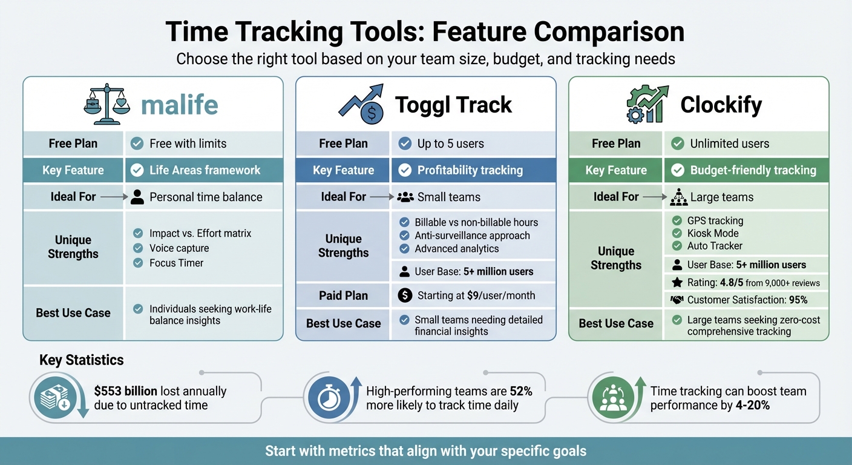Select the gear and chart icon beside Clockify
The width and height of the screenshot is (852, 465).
[647, 104]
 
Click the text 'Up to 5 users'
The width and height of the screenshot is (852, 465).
[450, 143]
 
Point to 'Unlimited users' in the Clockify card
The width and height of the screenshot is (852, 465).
[729, 143]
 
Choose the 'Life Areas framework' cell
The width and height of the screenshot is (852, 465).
[205, 170]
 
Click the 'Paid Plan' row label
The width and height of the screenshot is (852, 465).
[343, 295]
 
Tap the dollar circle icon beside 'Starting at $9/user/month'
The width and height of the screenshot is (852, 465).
[405, 295]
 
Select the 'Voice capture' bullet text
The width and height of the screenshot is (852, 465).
[179, 248]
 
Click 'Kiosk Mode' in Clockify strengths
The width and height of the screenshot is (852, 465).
[713, 233]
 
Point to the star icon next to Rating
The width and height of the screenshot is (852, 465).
[677, 282]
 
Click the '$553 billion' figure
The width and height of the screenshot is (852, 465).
[125, 391]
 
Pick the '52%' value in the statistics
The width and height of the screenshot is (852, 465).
[520, 391]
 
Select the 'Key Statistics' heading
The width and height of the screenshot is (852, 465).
[81, 360]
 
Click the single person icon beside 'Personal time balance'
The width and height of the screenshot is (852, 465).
[137, 197]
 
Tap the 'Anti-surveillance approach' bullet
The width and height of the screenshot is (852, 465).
[472, 236]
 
